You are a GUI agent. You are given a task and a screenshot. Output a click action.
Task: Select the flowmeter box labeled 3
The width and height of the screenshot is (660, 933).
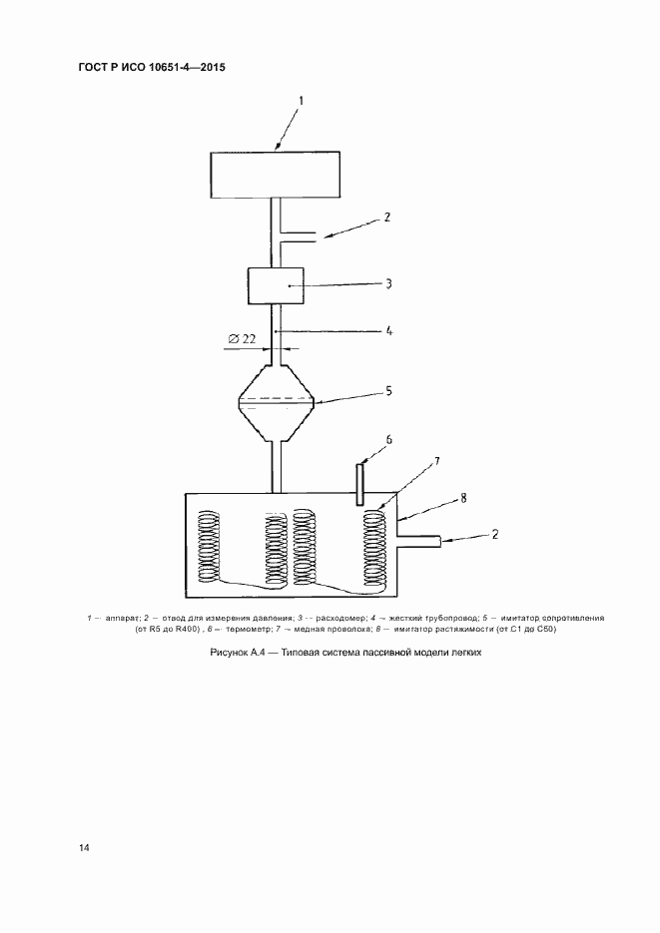(276, 286)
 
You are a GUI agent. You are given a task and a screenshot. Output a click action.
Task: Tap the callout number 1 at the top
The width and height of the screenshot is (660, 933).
(301, 101)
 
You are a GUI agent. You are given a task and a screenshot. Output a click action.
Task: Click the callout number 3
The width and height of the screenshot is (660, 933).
(388, 283)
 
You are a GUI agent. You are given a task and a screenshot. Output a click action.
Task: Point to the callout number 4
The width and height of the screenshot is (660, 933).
(388, 331)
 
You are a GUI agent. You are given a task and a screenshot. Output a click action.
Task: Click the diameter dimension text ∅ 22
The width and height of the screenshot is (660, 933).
(242, 339)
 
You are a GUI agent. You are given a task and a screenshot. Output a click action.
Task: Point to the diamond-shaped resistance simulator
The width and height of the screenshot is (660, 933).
(276, 403)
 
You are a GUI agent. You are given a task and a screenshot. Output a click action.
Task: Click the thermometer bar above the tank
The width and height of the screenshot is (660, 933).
(360, 484)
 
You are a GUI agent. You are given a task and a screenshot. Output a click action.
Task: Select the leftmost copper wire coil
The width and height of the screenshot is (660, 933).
(209, 546)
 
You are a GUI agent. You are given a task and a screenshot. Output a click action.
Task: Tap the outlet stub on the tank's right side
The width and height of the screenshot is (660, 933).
(419, 541)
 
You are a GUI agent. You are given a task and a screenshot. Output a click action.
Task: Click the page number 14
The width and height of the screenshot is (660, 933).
(84, 848)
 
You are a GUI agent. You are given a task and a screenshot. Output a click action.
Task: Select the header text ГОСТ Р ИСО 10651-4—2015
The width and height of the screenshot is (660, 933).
(152, 67)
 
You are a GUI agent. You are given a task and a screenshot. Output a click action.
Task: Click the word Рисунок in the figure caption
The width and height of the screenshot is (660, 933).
(229, 653)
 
